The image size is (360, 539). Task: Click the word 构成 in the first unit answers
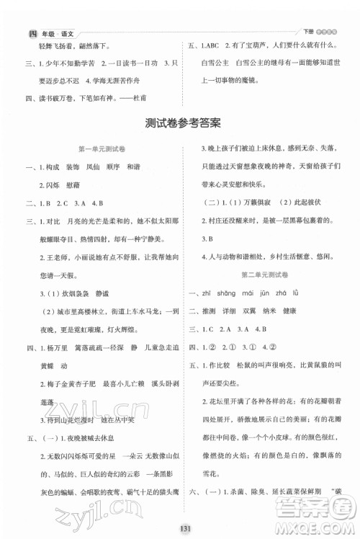51,166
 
